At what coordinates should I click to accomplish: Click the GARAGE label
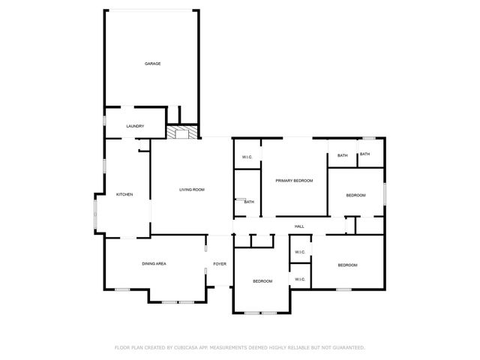[153, 64]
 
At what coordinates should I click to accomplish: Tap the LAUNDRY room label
[135, 126]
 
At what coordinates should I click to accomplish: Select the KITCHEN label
[124, 195]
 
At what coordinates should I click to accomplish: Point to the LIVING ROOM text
[192, 190]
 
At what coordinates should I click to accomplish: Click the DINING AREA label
[154, 264]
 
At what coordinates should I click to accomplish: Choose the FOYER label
[220, 264]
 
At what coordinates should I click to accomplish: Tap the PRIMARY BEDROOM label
[294, 181]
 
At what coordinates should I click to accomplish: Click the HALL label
[298, 226]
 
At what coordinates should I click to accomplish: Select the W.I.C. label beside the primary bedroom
[247, 157]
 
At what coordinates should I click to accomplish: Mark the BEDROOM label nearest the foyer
[262, 281]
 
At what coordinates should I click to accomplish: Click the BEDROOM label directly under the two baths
[355, 195]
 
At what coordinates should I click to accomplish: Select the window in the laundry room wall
[104, 120]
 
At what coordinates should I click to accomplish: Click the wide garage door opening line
[152, 10]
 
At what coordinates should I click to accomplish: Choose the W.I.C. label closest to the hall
[299, 252]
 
